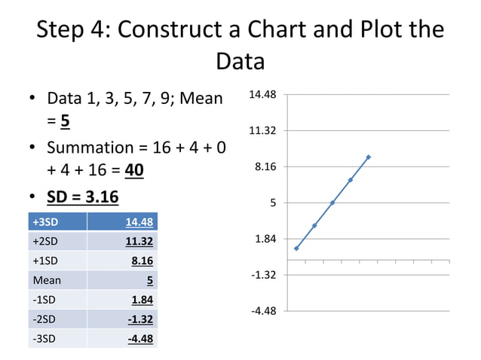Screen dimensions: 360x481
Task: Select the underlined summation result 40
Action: (x=133, y=170)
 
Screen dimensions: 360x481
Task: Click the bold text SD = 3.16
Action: (x=82, y=197)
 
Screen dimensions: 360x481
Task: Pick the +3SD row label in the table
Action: (x=44, y=221)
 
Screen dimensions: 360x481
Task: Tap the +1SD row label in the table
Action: (x=44, y=261)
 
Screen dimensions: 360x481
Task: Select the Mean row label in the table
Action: (x=46, y=280)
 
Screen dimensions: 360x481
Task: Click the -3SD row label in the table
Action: (x=43, y=339)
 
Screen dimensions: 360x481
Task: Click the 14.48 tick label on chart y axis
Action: (x=262, y=95)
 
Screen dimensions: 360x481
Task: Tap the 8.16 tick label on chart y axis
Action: (x=264, y=166)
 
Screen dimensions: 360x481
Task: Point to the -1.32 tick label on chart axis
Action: (x=262, y=275)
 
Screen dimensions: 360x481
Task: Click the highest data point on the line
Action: (x=369, y=157)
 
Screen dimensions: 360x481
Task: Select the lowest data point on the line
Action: (x=296, y=249)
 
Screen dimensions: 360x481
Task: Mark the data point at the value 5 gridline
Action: (x=332, y=203)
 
